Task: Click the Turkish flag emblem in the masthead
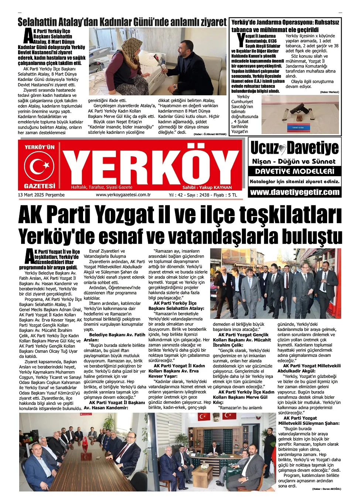pos(39,165)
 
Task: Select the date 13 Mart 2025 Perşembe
pos(41,195)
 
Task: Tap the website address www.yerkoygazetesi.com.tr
pos(123,195)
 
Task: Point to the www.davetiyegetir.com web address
pos(295,192)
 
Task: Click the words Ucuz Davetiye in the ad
pos(294,148)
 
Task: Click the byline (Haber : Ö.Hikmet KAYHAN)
pos(210,134)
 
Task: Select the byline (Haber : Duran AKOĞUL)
pos(326,489)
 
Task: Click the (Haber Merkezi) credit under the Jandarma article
pos(329,92)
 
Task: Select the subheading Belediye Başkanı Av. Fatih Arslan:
pos(114,337)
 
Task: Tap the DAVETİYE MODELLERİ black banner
pos(295,171)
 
